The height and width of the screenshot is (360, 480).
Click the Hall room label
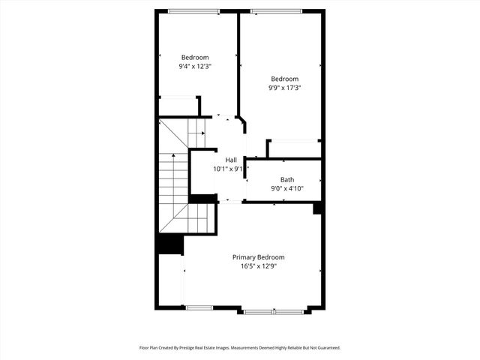click(231, 160)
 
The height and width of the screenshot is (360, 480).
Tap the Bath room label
click(287, 179)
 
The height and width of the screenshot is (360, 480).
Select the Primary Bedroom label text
click(258, 257)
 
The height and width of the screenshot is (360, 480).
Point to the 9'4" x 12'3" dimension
click(193, 67)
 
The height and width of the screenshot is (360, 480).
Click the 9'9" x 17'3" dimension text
click(284, 88)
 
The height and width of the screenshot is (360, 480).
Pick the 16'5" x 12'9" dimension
click(258, 266)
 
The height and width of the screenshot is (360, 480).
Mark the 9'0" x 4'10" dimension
click(287, 188)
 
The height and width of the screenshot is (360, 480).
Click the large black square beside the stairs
click(170, 245)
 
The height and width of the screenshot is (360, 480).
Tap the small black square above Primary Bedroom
click(318, 208)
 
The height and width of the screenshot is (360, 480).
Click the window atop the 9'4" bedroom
click(193, 10)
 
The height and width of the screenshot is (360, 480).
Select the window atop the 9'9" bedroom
click(277, 10)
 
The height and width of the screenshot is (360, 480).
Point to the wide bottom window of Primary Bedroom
click(273, 310)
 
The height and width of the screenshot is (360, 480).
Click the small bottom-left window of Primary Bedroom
click(199, 307)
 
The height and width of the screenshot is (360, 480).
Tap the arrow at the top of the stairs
click(201, 133)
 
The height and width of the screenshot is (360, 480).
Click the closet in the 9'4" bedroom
click(178, 106)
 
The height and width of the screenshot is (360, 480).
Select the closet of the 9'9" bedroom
click(295, 149)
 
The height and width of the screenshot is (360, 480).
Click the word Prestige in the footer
click(197, 348)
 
